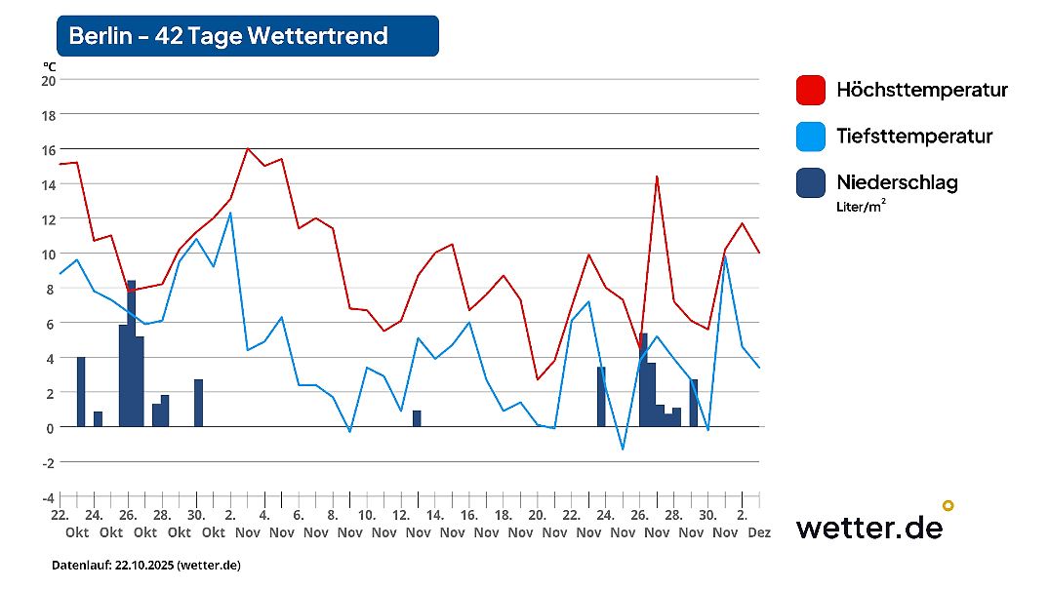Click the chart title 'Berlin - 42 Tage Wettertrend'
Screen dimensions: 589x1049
(x=228, y=36)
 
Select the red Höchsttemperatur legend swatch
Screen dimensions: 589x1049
(x=810, y=90)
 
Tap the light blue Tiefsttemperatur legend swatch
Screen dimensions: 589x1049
(x=810, y=137)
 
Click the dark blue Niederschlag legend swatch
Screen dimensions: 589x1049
(x=810, y=182)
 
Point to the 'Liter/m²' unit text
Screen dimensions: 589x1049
(x=862, y=206)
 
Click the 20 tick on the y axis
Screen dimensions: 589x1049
(x=48, y=80)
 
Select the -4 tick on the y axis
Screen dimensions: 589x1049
(x=48, y=496)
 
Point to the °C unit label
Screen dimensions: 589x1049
(x=49, y=65)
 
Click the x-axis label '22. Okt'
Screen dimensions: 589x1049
(x=61, y=524)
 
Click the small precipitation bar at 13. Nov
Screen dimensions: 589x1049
(x=417, y=418)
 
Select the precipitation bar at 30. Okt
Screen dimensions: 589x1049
(x=198, y=403)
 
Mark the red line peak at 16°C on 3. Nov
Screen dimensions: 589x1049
(x=248, y=149)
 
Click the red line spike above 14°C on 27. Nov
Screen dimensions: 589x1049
(x=657, y=177)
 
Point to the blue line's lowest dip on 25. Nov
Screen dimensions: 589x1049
(x=623, y=449)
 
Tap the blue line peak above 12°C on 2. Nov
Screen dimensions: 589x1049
(x=230, y=213)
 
